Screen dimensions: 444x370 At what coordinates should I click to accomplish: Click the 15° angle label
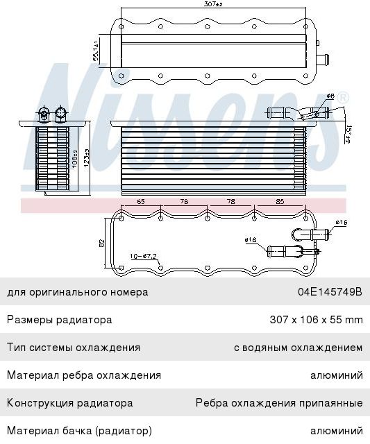(x=349, y=132)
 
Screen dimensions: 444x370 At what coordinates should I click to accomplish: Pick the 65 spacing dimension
(x=141, y=202)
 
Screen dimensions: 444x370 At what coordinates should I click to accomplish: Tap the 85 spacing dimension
(x=279, y=202)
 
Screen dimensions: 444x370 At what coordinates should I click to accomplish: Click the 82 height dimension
(x=101, y=243)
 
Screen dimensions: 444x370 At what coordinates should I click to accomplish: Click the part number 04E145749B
(x=330, y=292)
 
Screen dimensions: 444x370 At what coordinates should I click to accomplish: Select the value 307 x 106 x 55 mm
(x=316, y=320)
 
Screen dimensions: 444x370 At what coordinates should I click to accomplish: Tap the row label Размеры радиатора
(x=59, y=320)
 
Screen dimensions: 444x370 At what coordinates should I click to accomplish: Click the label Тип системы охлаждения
(x=74, y=348)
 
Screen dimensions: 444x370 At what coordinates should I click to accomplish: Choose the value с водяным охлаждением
(x=298, y=348)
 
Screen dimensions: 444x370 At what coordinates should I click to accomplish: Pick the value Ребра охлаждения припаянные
(x=279, y=402)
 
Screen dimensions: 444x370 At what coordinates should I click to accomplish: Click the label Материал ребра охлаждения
(x=84, y=375)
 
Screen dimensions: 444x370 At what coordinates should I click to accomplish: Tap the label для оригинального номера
(x=78, y=292)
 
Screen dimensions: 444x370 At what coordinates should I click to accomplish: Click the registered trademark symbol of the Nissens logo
(x=343, y=99)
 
